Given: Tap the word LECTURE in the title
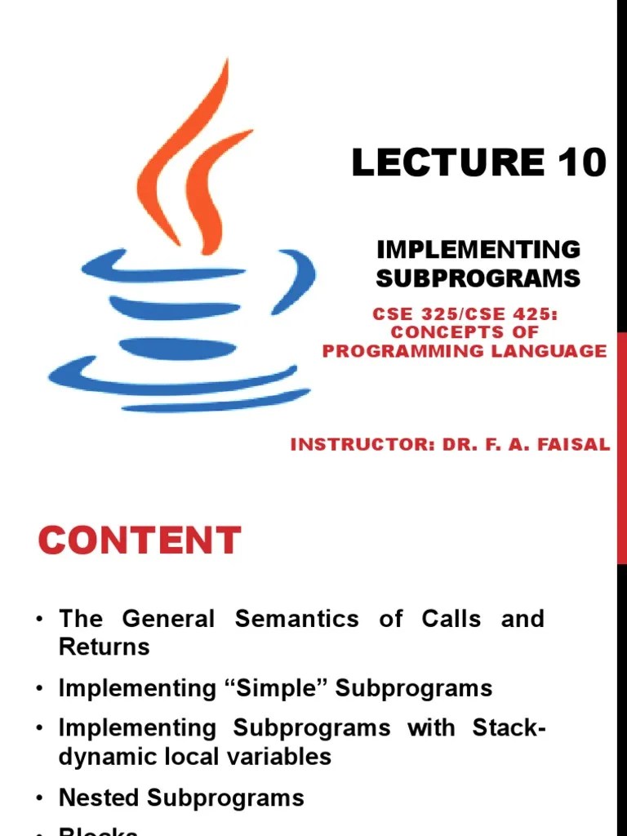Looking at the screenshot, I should pos(447,163).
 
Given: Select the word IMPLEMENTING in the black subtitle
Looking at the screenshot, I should pos(478,250).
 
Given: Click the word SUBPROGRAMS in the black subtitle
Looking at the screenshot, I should pos(478,278).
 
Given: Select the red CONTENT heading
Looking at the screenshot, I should pos(140,540).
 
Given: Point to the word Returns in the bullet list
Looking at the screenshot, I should pos(104,647).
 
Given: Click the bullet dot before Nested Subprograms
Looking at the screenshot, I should pos(39,798).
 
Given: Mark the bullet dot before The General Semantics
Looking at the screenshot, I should pos(39,620).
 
